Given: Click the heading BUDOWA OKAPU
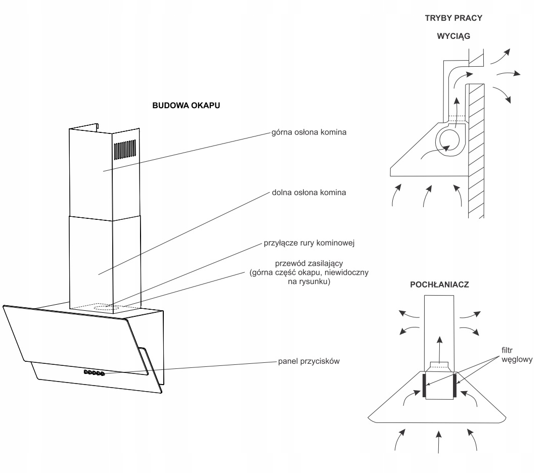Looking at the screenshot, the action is click(186, 106).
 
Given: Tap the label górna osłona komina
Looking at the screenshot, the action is click(309, 132).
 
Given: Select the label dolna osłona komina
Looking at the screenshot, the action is click(309, 193).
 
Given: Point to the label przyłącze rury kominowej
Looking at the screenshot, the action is click(309, 243).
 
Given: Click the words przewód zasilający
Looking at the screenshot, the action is click(309, 263).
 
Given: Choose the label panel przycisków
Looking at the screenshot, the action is click(309, 361).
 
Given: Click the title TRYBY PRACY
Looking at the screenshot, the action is click(453, 18).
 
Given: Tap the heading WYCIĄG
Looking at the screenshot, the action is click(453, 36).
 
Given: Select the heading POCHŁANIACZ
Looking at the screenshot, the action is click(439, 285).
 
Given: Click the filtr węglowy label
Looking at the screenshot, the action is click(517, 355).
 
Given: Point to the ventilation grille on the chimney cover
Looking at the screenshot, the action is click(125, 150).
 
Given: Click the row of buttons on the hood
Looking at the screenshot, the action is click(95, 373).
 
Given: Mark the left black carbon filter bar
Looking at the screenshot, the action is click(424, 385).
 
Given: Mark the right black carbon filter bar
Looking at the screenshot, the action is click(454, 386).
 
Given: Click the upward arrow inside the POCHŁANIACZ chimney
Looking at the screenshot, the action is click(440, 349).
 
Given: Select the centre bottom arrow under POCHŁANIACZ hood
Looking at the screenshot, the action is click(439, 442).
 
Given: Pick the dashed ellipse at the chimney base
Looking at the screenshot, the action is click(108, 308).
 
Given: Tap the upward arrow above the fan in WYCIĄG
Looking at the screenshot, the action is click(456, 112).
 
